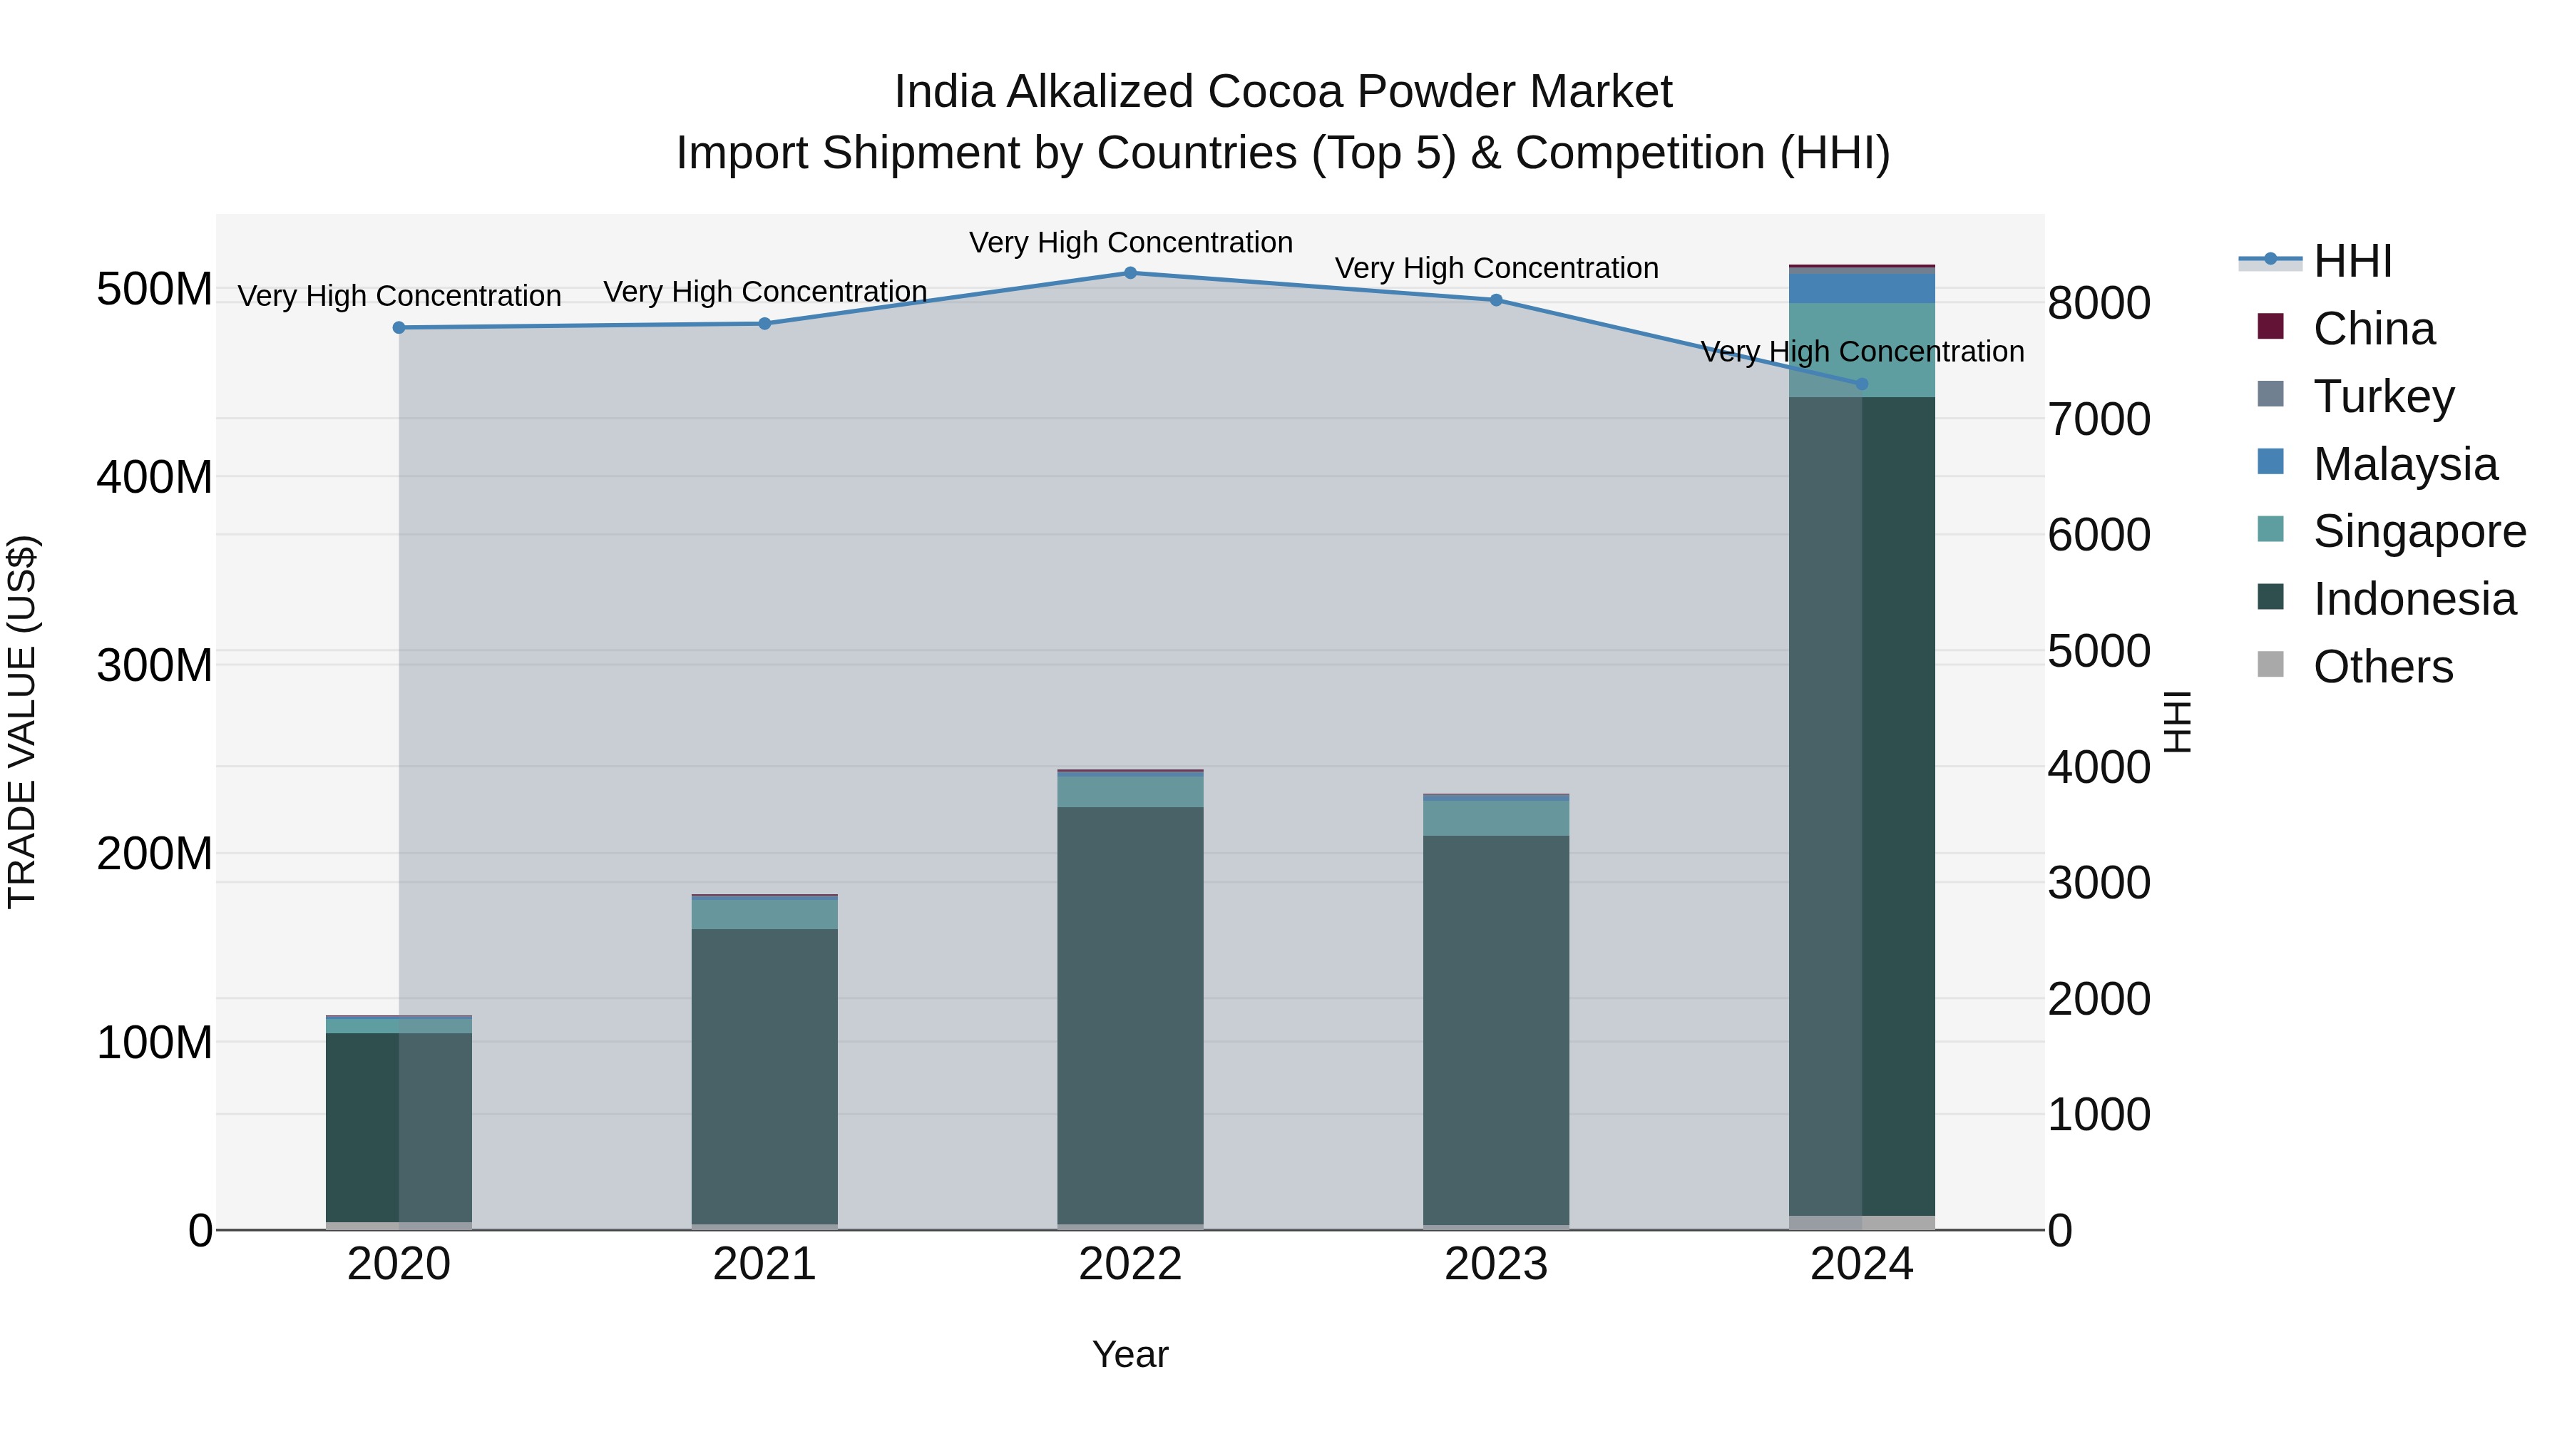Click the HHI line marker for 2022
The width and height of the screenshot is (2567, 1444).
coord(1130,273)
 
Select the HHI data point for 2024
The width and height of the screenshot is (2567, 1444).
coord(1862,384)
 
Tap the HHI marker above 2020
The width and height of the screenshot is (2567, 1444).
coord(399,328)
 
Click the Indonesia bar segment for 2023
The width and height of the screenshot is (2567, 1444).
coord(1496,1026)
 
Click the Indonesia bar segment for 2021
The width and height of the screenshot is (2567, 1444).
coord(764,1076)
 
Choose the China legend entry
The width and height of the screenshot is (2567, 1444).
coord(2374,329)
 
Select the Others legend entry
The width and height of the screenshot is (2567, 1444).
coord(2382,667)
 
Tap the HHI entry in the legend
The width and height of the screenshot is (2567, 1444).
coord(2352,261)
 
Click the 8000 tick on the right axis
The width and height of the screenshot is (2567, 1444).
coord(2099,303)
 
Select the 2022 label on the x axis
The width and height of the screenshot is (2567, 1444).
coord(1130,1264)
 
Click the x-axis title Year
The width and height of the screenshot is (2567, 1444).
coord(1130,1354)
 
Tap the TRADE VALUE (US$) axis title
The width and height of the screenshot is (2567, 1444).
coord(22,722)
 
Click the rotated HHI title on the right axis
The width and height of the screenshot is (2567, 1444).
coord(2178,722)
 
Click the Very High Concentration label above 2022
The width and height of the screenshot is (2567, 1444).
coord(1130,242)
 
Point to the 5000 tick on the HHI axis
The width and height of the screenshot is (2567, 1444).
coord(2099,652)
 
